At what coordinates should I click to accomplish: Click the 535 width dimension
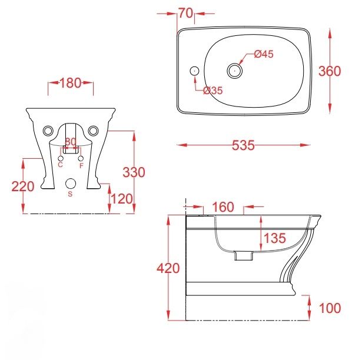click(x=243, y=145)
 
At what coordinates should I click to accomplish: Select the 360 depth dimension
click(x=330, y=71)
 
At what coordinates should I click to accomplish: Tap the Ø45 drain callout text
click(x=264, y=54)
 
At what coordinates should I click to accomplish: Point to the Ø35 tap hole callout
click(x=213, y=91)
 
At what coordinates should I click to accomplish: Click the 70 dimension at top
click(x=185, y=13)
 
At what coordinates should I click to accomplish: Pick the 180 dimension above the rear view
click(x=71, y=83)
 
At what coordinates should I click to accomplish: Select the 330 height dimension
click(x=134, y=172)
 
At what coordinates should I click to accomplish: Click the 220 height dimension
click(x=23, y=186)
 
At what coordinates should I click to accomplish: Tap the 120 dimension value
click(x=122, y=199)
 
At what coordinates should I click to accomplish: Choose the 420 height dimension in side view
click(x=168, y=268)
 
